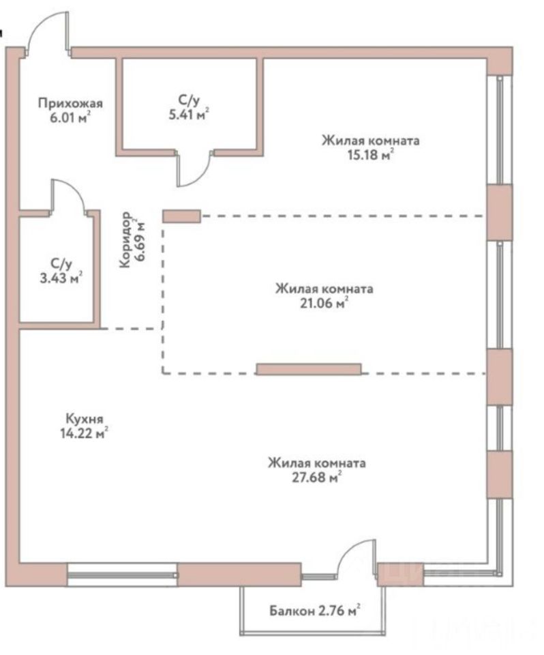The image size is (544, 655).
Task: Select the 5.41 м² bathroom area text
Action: pyautogui.click(x=188, y=115)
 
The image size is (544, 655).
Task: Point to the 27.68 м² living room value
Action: pyautogui.click(x=316, y=478)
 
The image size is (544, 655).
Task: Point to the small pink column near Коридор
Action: pyautogui.click(x=181, y=216)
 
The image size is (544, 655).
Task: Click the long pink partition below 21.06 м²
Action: pyautogui.click(x=308, y=369)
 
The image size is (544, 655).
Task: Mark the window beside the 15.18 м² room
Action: pyautogui.click(x=500, y=130)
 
